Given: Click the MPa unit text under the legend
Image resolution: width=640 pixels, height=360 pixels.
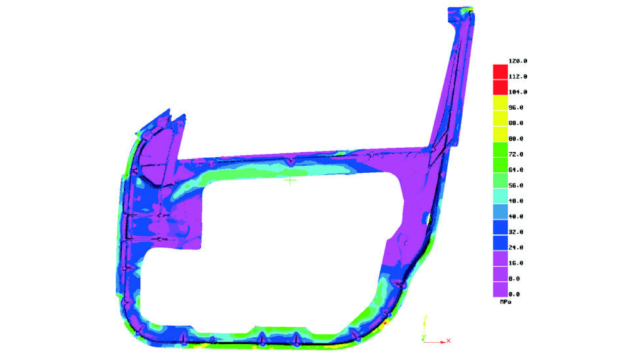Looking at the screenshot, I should (506, 302).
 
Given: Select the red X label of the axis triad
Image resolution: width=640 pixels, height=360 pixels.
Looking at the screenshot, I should (449, 341).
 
